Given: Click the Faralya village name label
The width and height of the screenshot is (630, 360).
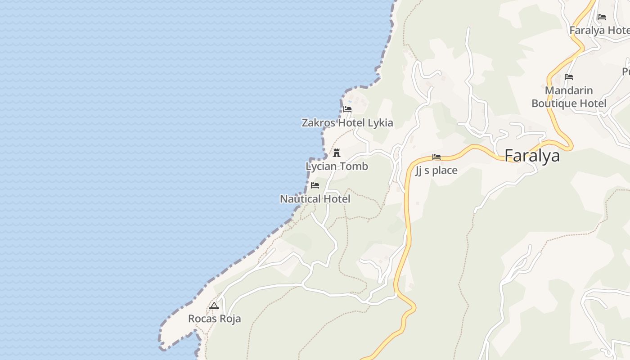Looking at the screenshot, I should click(x=532, y=156).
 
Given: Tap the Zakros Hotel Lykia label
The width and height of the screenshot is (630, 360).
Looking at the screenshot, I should click(x=347, y=123).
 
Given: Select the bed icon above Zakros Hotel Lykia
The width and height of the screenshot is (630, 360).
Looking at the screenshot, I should click(x=347, y=109).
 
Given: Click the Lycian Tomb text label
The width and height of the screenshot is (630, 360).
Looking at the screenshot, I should click(x=337, y=166).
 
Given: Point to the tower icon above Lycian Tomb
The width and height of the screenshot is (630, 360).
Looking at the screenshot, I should click(x=337, y=153).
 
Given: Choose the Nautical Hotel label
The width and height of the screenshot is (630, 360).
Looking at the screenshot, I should click(x=315, y=199).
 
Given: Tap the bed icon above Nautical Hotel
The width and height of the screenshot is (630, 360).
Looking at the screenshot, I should click(x=315, y=185).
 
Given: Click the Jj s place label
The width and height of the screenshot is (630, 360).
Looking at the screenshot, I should click(x=436, y=171).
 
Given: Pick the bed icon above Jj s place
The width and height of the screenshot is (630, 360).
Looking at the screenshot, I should click(x=436, y=157).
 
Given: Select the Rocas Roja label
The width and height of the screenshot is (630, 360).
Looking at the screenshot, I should click(x=214, y=319).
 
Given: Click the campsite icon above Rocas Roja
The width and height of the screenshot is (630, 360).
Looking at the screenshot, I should click(x=214, y=306).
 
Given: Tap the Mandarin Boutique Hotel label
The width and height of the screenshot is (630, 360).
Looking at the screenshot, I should click(x=569, y=97).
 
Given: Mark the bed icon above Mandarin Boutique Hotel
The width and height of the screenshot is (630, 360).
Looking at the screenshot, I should click(x=569, y=77).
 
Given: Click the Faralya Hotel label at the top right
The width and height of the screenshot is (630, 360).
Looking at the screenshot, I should click(x=599, y=31).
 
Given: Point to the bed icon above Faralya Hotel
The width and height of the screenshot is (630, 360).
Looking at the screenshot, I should click(x=602, y=17).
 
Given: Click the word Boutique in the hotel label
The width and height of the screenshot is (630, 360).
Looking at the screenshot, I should click(x=554, y=103).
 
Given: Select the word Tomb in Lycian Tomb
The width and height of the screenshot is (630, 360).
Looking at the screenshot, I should click(x=353, y=166).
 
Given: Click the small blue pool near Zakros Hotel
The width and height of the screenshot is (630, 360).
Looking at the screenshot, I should click(x=350, y=102).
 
